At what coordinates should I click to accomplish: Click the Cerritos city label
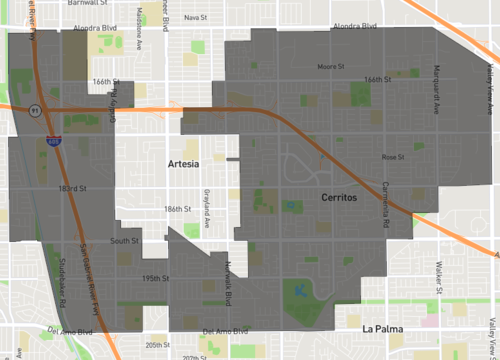pos(338,200)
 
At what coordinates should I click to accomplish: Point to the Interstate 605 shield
pos(52,142)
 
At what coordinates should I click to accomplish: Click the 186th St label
pos(177,209)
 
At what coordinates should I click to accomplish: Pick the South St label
pos(124,241)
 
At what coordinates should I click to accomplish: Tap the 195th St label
pos(155,278)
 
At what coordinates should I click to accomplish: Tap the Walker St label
pos(439,276)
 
